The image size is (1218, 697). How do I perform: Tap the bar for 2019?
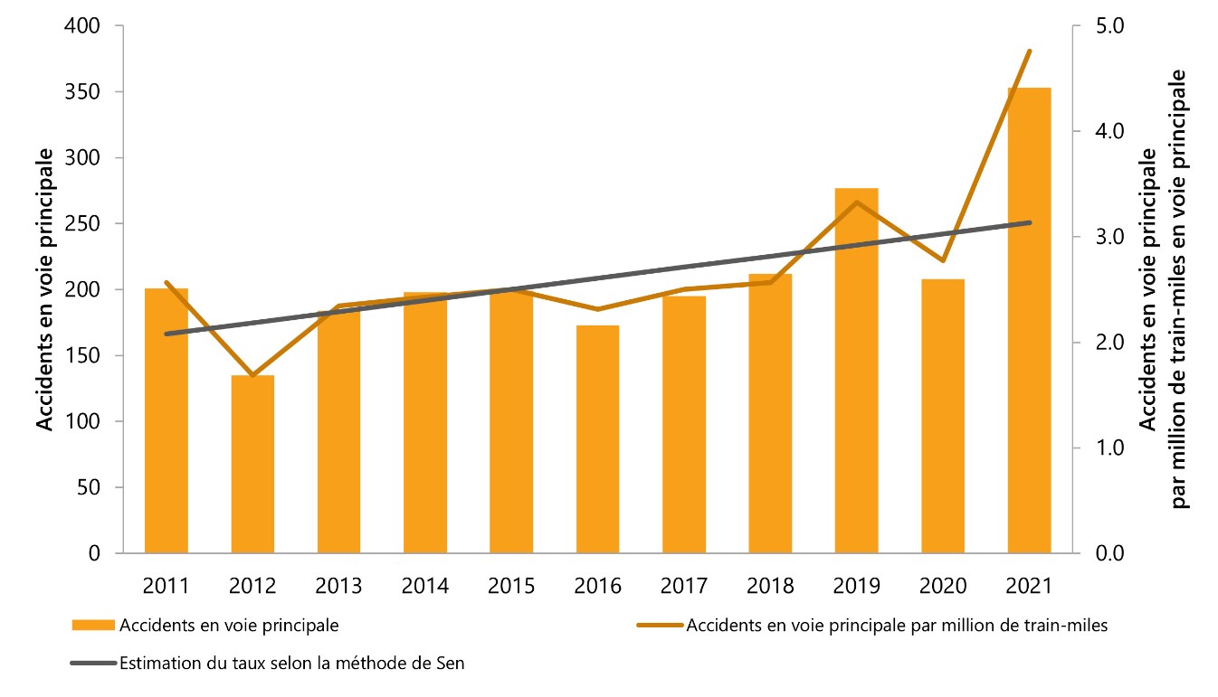click(856, 398)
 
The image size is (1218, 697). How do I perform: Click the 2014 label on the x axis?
click(424, 586)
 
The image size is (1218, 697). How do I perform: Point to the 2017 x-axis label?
click(683, 586)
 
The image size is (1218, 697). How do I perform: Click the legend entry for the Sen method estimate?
click(291, 664)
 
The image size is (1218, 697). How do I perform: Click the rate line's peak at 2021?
click(1029, 51)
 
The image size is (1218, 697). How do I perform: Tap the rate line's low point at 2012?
click(252, 374)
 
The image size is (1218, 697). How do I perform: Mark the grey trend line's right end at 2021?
click(1029, 222)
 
